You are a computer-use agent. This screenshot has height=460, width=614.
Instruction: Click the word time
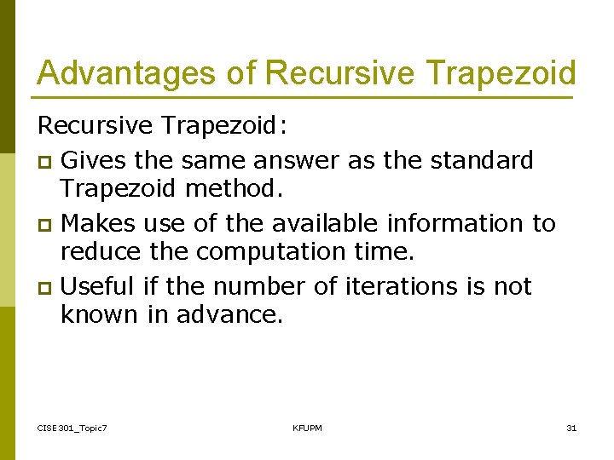(x=384, y=252)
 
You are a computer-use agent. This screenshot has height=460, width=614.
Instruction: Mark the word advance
(x=228, y=315)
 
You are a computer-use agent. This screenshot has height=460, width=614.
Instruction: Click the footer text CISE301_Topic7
(x=72, y=428)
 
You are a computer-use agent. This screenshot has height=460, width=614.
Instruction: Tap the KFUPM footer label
(x=307, y=428)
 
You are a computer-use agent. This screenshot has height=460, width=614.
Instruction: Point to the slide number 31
(x=571, y=428)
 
